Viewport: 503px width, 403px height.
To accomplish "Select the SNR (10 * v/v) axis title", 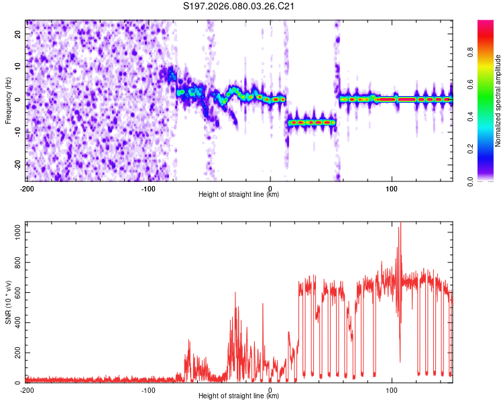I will pos(8,303).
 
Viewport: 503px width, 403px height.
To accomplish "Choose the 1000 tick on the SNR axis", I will pos(15,231).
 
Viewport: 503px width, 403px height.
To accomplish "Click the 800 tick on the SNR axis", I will pos(17,261).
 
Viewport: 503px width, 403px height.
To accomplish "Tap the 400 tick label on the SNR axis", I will pos(17,322).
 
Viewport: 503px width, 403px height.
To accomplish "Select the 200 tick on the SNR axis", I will pos(17,353).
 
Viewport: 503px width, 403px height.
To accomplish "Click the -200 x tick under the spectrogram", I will pos(27,187).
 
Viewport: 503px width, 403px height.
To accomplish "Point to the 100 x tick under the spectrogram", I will pos(392,187).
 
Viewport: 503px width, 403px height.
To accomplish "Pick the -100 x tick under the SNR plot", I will pos(148,390).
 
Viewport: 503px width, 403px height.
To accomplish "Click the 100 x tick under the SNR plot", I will pos(392,390).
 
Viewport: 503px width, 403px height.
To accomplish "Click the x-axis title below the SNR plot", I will pos(239,396).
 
